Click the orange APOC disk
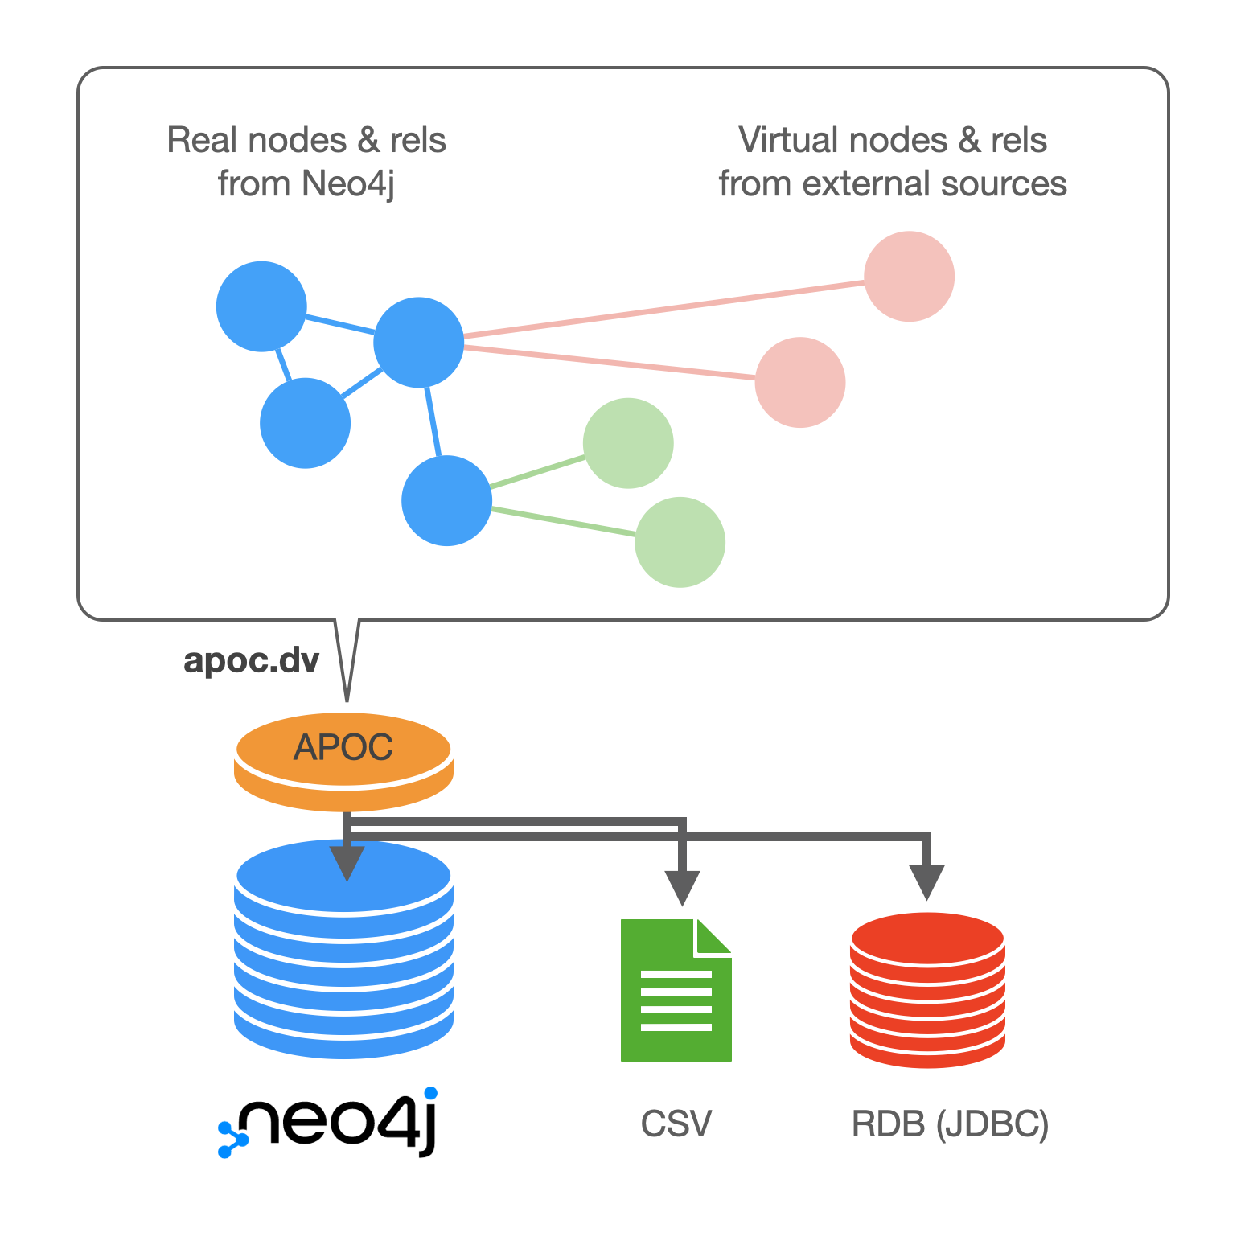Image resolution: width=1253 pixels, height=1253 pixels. pos(343,760)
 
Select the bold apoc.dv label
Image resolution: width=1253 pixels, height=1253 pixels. pos(251,661)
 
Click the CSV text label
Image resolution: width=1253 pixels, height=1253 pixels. pos(676,1124)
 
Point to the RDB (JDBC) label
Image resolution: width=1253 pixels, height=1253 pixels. pos(950,1124)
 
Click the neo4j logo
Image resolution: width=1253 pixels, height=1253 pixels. pos(328,1122)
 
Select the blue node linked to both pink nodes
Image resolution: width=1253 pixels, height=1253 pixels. pos(418,342)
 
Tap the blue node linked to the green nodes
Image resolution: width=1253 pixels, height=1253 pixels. pos(446,500)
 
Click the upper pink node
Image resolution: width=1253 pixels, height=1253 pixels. pos(909,277)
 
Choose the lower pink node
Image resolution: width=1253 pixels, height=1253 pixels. pos(799,382)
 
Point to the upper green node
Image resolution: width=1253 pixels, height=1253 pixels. pos(628,443)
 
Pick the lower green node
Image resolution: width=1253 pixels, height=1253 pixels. pos(680,542)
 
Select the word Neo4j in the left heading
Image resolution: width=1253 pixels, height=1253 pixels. pos(348,184)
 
